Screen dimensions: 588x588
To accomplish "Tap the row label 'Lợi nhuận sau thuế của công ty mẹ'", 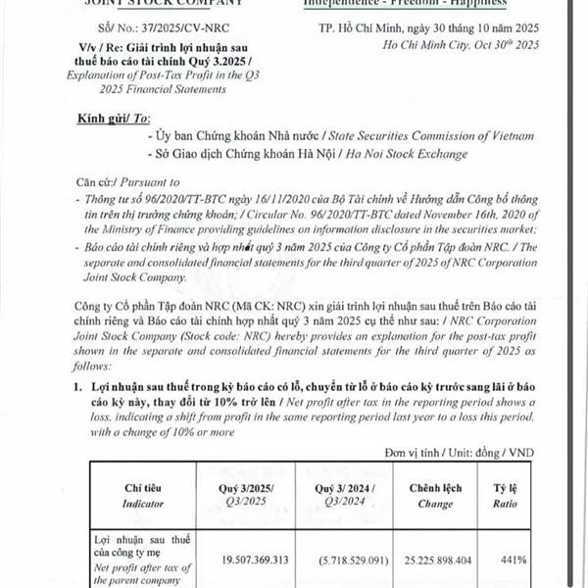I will tap(137, 546).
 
